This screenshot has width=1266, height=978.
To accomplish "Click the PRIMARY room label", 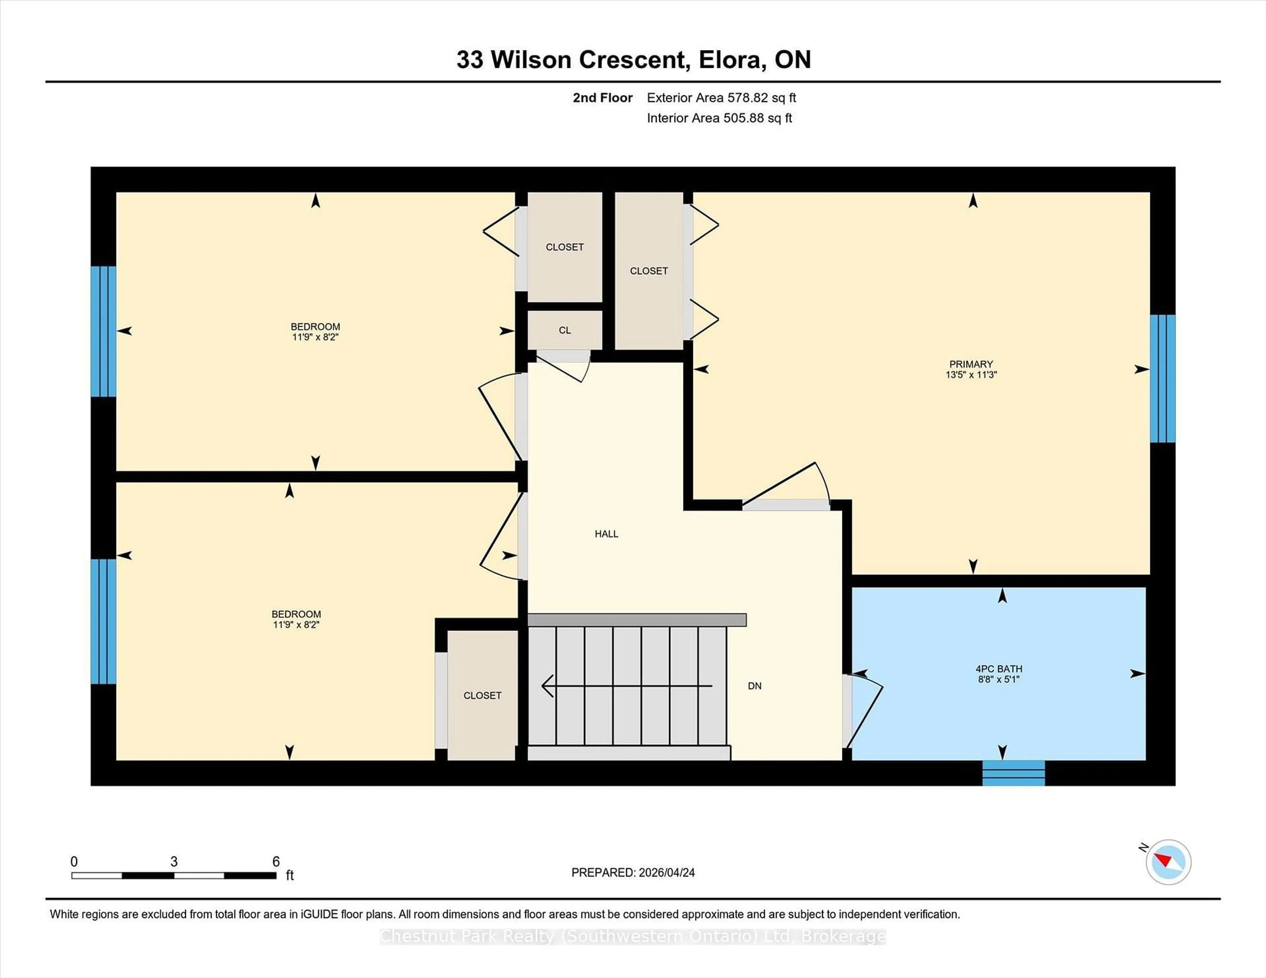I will pos(971,364).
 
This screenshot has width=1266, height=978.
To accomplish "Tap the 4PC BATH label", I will pos(999,669).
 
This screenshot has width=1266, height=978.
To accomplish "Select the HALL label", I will pos(606,533).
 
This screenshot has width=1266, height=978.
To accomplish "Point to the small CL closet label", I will pos(565,330).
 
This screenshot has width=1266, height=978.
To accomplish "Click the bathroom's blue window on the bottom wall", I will pos(1013,773).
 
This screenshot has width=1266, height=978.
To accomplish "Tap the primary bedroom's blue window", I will pos(1162,378).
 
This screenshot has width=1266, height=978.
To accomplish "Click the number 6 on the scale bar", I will pos(276,862).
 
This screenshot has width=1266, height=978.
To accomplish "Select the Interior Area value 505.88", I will pos(744,118).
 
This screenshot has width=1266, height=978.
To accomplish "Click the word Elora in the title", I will pos(729,60).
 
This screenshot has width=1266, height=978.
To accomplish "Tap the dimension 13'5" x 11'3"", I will pos(971,375).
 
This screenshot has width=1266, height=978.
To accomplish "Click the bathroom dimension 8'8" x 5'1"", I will pos(998,679).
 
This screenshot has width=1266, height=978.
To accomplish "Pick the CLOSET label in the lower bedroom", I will pos(482,695).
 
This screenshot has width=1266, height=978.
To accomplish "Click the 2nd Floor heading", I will pos(602,98).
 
